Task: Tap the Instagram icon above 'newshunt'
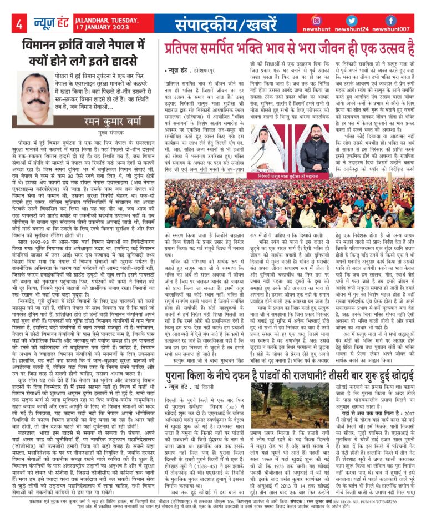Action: pos(332,21)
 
